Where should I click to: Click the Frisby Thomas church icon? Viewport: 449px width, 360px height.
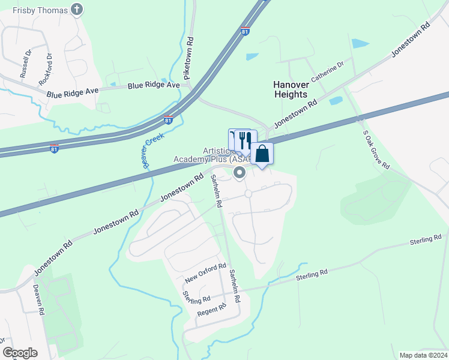[x=76, y=9]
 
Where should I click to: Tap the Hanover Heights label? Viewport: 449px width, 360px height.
[x=291, y=90]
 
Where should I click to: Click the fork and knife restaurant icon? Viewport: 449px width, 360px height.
[x=244, y=140]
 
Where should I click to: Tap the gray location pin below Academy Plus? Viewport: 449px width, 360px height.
[x=240, y=173]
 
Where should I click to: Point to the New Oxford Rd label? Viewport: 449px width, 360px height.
[x=205, y=273]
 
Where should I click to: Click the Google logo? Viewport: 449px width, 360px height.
[x=20, y=353]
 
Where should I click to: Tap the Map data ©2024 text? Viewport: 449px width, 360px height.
[x=423, y=355]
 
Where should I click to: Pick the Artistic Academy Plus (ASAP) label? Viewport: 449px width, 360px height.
[x=207, y=154]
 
